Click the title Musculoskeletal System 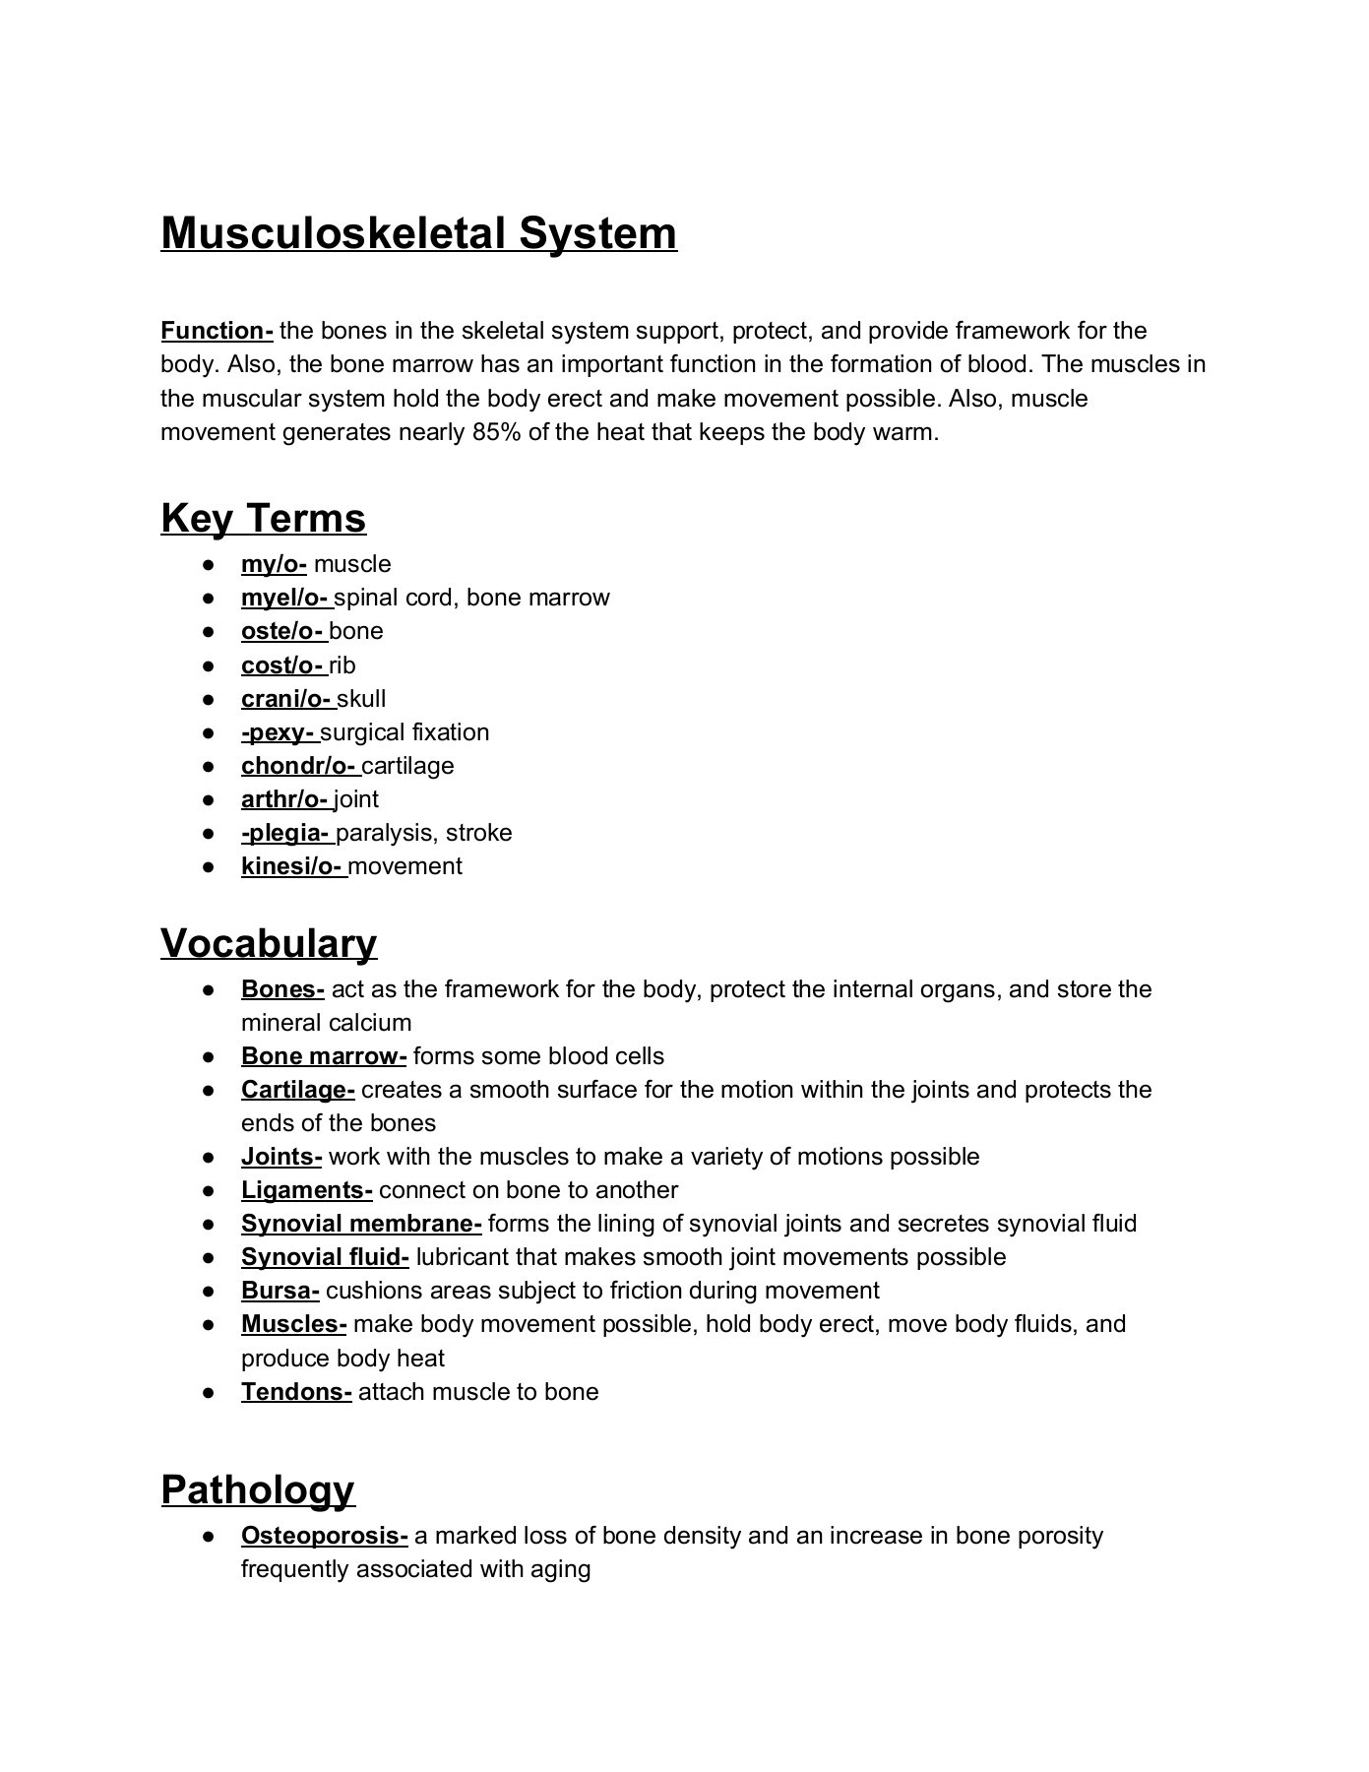tap(418, 233)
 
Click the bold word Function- tap(217, 331)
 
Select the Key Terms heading tap(263, 518)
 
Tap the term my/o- tap(274, 564)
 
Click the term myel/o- tap(284, 598)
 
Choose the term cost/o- tap(283, 665)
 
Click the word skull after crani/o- tap(361, 699)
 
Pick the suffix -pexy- tap(278, 732)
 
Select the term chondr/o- tap(298, 766)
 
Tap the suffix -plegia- tap(285, 833)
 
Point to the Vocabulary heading tap(269, 943)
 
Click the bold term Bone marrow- tap(323, 1056)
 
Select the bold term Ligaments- tap(306, 1190)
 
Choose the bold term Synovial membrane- tap(360, 1224)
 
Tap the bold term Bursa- tap(280, 1291)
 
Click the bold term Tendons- tap(295, 1392)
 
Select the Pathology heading tap(257, 1489)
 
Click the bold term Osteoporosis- tap(324, 1536)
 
